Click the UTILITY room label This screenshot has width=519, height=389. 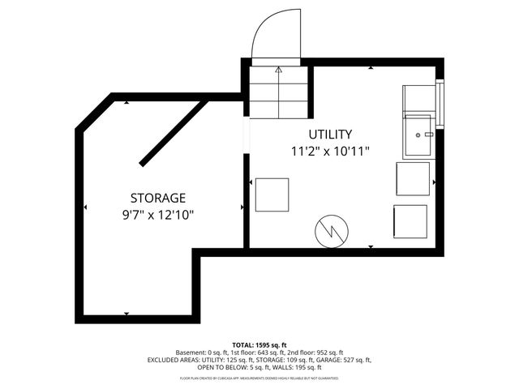pos(330,134)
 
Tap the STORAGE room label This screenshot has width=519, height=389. pos(158,198)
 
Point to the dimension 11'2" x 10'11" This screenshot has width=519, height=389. pos(330,151)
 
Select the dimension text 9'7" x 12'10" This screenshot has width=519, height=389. pos(158,215)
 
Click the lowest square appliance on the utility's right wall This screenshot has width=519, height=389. pos(410,221)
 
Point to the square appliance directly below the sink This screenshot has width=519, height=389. pos(411,179)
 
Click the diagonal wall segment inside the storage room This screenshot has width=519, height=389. pos(172,133)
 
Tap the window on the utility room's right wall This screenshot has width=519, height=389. pos(440,105)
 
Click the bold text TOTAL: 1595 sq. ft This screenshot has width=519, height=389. pos(259,344)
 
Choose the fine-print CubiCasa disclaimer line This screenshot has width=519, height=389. pos(259,378)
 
